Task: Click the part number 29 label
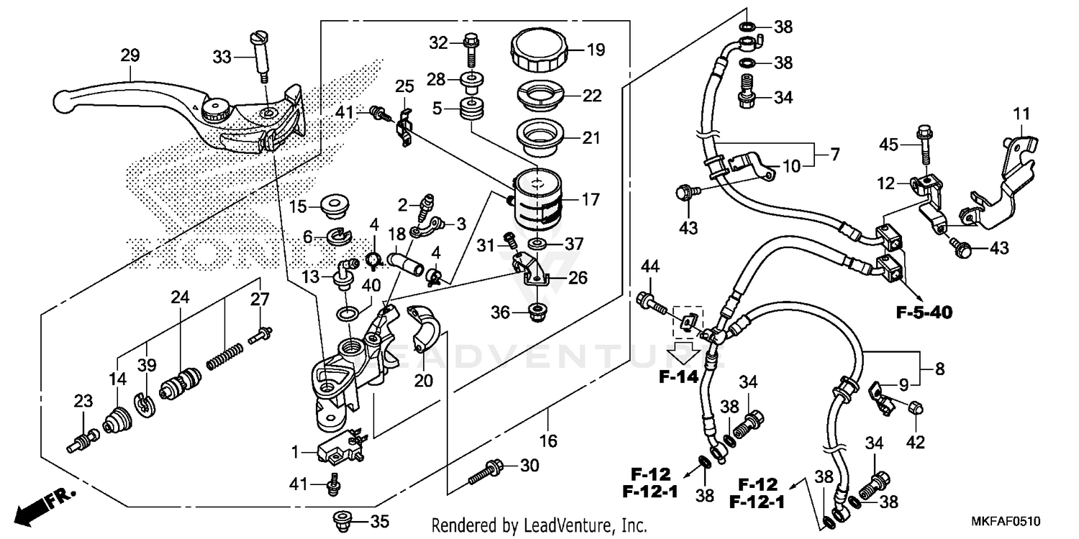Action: click(x=129, y=55)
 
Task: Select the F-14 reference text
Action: click(x=679, y=376)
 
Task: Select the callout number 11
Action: click(x=1022, y=113)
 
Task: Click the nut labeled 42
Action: click(x=916, y=407)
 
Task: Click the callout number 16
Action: click(x=548, y=440)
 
